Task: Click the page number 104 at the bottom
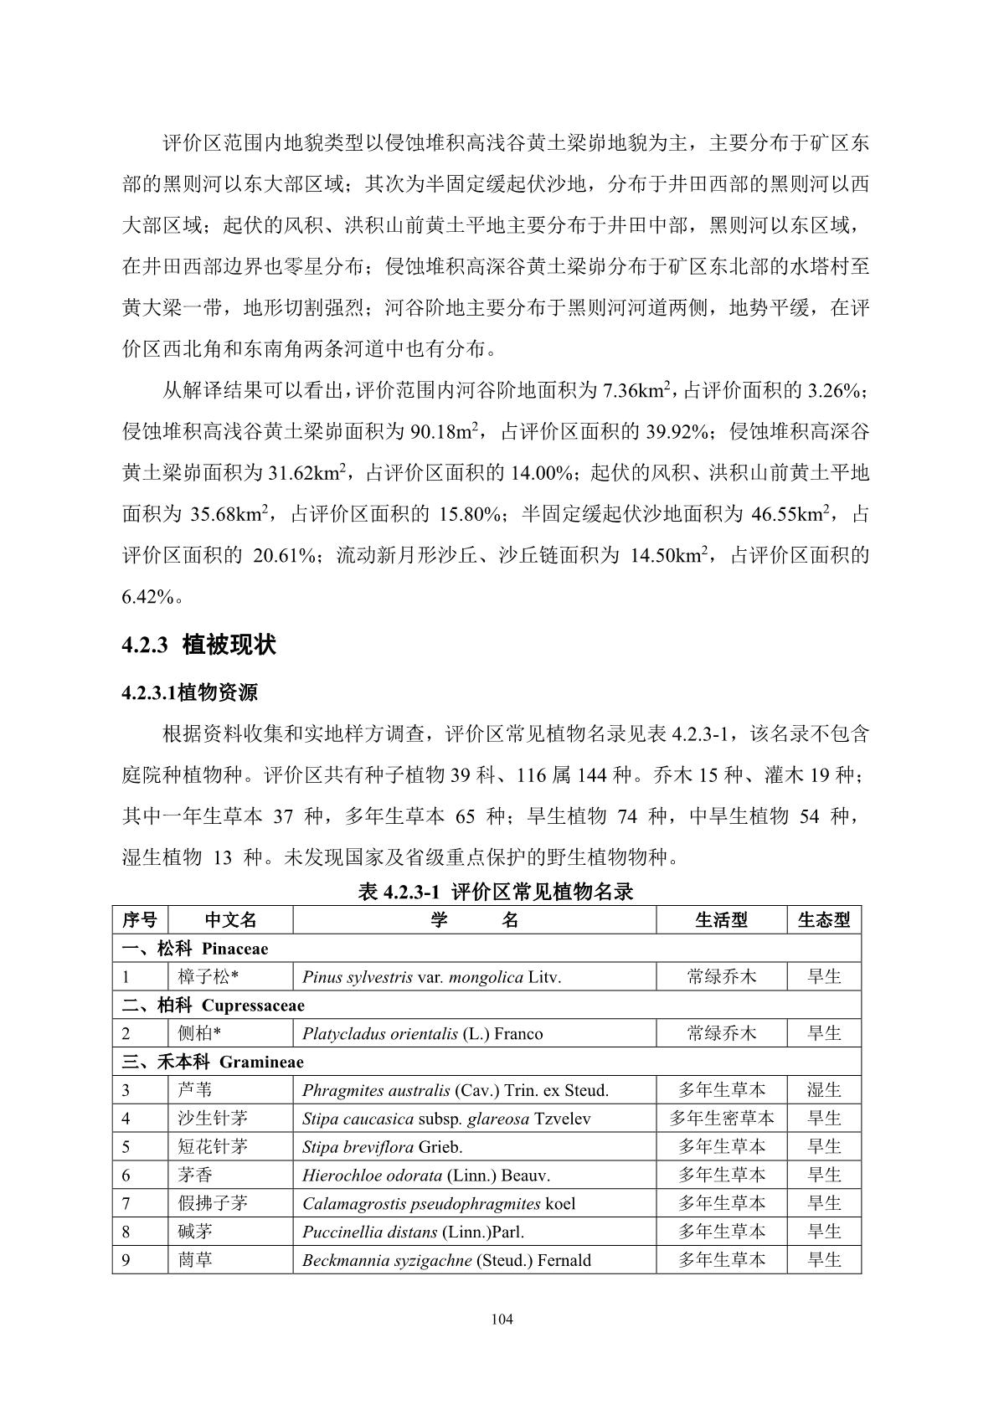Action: tap(502, 1320)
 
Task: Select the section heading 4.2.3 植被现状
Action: tap(198, 645)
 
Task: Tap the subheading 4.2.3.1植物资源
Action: tap(189, 692)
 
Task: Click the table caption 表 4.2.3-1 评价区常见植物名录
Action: tap(495, 892)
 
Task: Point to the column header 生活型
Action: tap(721, 920)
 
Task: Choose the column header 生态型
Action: tap(823, 920)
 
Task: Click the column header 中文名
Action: tap(230, 920)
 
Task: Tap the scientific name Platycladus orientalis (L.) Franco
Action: tap(422, 1034)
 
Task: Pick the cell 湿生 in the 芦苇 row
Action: tap(823, 1090)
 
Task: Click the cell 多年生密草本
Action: tap(721, 1119)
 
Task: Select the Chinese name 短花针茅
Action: tap(212, 1147)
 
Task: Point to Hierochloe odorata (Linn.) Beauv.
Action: tap(425, 1176)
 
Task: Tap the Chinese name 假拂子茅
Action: tap(212, 1204)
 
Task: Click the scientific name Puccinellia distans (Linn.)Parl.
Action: tap(413, 1232)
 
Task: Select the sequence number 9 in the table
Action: tap(126, 1260)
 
